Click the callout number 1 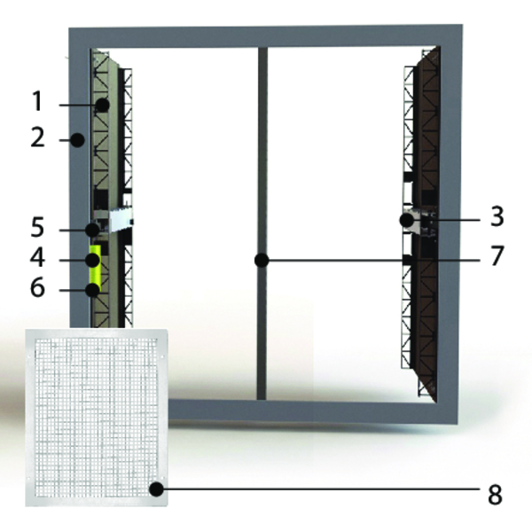37,101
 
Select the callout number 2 37,138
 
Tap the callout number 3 497,216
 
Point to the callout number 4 37,257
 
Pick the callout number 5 37,227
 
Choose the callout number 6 37,287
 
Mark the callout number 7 497,256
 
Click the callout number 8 495,495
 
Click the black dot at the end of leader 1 102,106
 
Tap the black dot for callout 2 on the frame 77,140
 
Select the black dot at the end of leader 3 407,220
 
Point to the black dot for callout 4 92,260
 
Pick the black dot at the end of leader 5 92,230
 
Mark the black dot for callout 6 92,290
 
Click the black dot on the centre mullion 262,260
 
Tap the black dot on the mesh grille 156,489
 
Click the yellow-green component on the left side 95,268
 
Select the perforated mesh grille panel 97,418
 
